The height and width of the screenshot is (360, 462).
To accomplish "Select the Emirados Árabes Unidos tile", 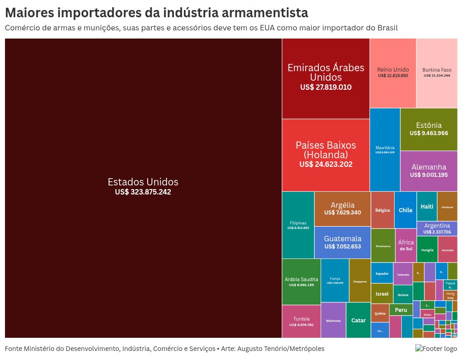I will coord(326,78).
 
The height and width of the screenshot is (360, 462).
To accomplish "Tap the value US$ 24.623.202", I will coord(326,165).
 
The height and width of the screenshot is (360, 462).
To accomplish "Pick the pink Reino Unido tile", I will coord(393,73).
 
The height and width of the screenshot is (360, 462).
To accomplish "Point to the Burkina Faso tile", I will coord(437,73).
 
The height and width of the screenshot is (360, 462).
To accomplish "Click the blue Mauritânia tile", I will coord(385,150).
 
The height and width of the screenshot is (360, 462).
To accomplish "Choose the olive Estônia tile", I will coord(428,129).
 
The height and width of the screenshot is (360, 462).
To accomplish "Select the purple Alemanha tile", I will coord(428,171).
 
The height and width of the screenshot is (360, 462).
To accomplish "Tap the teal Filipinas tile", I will coord(298,225).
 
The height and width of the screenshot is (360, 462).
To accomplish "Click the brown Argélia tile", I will coord(342,209).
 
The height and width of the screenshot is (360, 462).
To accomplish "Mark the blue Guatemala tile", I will coord(342,242).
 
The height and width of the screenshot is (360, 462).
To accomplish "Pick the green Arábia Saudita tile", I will coord(301,282).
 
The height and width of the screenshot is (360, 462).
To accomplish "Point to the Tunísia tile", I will coord(301,321).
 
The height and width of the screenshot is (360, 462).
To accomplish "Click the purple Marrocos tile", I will coord(333,320).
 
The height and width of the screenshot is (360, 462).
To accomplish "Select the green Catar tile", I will coord(358,320).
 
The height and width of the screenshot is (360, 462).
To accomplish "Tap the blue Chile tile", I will coord(405,210).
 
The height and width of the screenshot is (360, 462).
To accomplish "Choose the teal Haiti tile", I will coord(427,206).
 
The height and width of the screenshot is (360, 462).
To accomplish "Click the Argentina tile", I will coord(437,229).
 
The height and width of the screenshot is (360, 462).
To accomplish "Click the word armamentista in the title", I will coord(263,12).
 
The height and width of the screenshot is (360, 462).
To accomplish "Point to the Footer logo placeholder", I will coord(436,349).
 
